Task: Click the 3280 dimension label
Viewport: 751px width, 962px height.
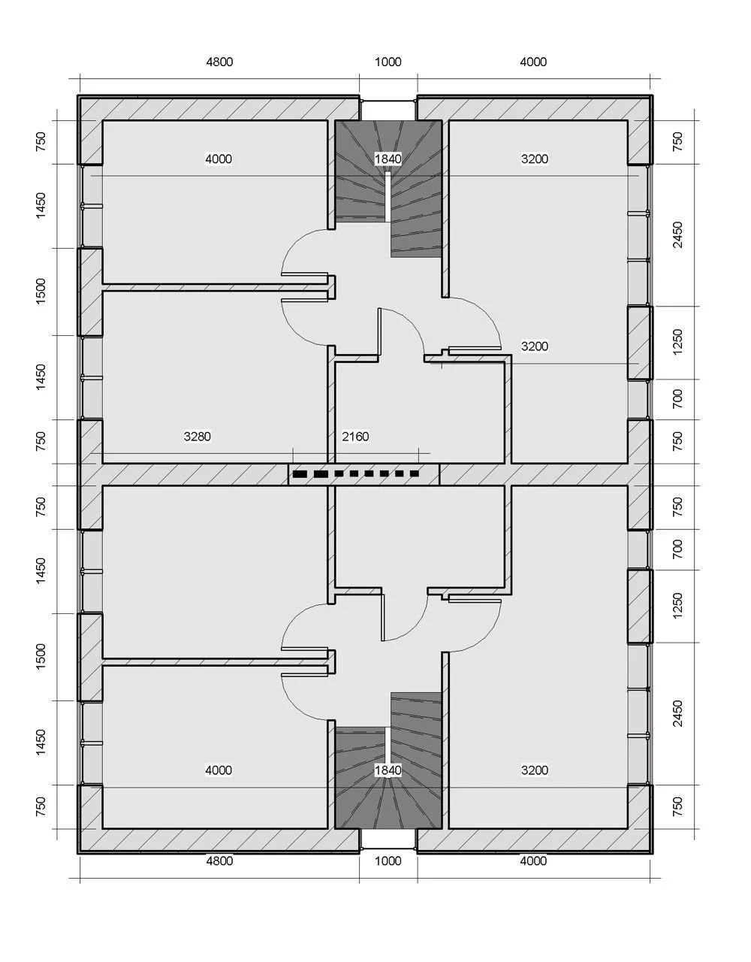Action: pos(198,437)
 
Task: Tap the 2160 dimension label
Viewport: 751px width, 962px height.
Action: pos(355,437)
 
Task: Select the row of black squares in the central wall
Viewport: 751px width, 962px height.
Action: pos(355,473)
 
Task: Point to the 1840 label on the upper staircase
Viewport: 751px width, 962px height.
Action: pos(388,159)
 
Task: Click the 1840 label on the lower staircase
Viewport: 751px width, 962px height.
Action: pos(388,770)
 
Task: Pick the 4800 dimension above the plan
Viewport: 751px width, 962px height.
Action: pos(219,62)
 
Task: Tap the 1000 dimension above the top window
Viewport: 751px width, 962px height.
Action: pos(388,62)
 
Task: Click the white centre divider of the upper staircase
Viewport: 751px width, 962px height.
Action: pos(388,197)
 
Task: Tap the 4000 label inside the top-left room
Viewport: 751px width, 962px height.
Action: pos(219,159)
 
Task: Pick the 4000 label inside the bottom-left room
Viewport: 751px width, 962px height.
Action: pos(219,770)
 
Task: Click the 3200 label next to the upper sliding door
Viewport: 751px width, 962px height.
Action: pos(535,346)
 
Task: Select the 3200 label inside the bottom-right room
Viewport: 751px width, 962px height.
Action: pos(535,770)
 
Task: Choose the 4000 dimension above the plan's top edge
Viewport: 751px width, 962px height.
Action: pos(533,62)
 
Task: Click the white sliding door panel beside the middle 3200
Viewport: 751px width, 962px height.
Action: pos(475,352)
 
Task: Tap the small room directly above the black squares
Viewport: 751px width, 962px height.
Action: pos(420,412)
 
